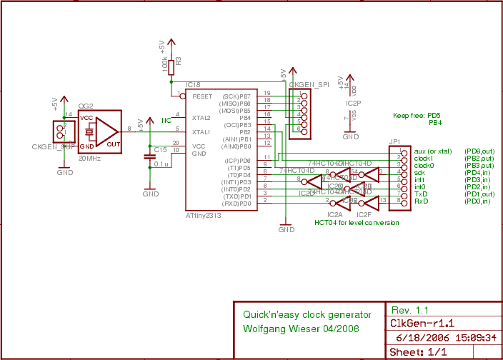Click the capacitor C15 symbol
coord(149,156)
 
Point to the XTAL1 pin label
coord(201,132)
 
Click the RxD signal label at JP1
coord(421,201)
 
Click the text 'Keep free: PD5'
coord(417,115)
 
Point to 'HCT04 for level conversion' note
coord(357,223)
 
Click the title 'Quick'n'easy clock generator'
coord(307,314)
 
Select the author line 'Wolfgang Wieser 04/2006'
coord(300,329)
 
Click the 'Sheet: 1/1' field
coord(418,352)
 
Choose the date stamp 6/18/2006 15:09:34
coord(442,337)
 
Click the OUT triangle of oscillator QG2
coord(107,131)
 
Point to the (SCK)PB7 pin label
coord(236,96)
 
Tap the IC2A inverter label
coord(334,214)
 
